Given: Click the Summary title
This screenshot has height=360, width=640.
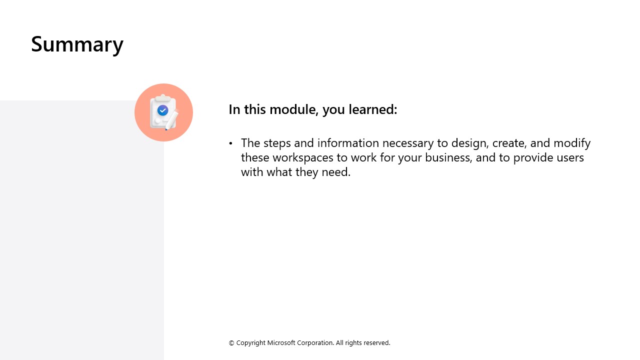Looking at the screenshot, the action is [x=77, y=44].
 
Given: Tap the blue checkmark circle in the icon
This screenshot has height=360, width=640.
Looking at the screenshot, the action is [x=162, y=110].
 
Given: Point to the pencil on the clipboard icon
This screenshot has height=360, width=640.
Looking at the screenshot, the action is [x=171, y=120].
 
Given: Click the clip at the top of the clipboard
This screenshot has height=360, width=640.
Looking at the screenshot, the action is [x=163, y=97].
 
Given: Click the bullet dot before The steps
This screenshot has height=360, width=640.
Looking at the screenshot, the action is [x=230, y=143].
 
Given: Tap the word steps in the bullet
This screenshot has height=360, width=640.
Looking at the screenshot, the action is [x=277, y=143].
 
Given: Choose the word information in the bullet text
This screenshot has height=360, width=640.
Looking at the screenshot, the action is [x=348, y=143].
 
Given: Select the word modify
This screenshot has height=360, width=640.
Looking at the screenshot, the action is [x=572, y=143].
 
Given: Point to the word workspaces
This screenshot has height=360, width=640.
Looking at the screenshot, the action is [x=303, y=158].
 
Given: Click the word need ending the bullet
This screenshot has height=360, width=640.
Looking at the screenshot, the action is [x=336, y=172].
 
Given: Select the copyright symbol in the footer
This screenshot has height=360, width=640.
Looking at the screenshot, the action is [x=231, y=343].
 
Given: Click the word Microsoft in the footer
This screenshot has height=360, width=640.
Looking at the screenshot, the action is [x=281, y=342].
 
